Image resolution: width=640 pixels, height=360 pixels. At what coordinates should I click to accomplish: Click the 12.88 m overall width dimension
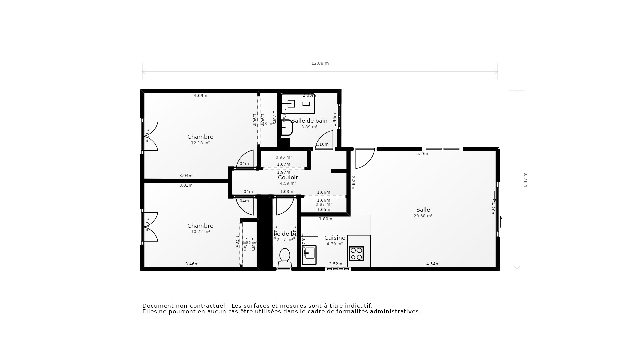320,63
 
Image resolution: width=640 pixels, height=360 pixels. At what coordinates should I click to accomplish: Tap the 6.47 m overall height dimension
525,180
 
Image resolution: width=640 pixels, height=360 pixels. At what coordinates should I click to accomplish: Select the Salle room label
423,210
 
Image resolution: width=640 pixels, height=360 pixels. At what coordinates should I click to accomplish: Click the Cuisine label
335,238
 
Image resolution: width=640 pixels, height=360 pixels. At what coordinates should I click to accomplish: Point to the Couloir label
288,177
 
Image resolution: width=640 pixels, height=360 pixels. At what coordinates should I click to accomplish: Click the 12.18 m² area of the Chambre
200,143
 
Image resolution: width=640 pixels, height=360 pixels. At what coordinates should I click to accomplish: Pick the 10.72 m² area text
200,232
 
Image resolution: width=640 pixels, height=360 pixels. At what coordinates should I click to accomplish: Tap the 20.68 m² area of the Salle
423,216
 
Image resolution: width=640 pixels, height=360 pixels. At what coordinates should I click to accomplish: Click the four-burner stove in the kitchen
356,254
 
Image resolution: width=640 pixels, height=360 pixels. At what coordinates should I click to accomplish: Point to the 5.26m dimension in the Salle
423,154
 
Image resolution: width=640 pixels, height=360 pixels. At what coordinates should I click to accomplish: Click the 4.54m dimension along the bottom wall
433,264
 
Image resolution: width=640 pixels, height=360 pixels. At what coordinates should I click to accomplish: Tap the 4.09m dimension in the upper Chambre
201,96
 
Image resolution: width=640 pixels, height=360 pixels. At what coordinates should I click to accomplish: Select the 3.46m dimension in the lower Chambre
192,264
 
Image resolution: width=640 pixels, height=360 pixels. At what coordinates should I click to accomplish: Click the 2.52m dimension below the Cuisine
335,264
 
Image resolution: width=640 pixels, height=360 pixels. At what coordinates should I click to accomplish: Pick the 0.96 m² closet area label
284,157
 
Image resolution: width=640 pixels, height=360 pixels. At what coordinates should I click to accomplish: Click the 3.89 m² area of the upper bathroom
309,127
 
